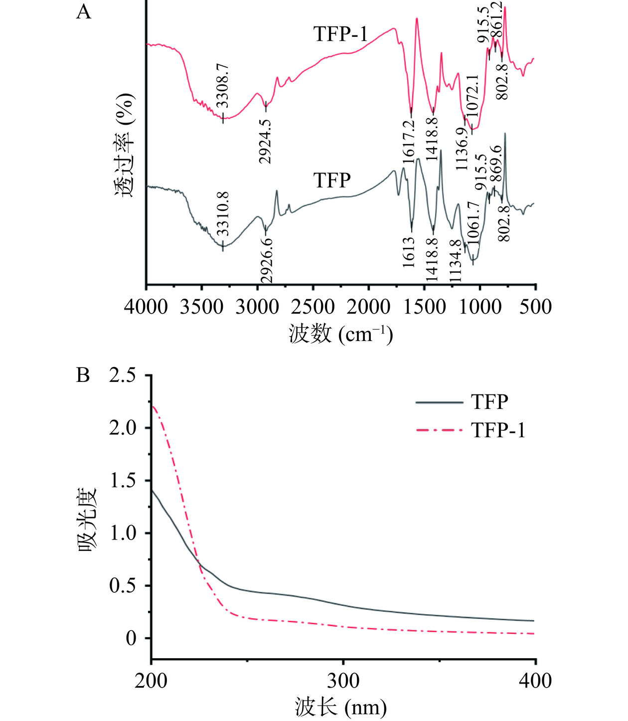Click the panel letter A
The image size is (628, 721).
84,11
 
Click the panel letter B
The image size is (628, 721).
83,375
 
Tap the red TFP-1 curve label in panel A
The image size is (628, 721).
340,34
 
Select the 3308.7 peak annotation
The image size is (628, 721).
223,85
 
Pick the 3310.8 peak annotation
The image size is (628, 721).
223,213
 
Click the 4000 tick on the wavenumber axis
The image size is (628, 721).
146,306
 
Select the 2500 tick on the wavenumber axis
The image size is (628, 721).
313,306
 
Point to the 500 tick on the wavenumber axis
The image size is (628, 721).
535,306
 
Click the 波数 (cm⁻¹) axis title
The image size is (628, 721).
340,334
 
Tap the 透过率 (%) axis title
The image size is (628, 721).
125,145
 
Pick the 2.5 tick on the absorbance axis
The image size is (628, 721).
122,375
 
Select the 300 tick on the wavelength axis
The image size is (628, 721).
343,681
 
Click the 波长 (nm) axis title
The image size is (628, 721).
340,707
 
